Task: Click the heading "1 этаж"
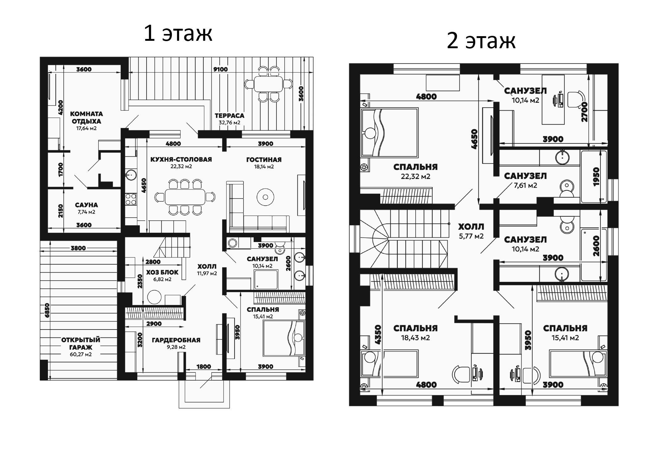[x=178, y=33]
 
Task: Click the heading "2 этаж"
[x=481, y=41]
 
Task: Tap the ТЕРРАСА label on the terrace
[x=229, y=116]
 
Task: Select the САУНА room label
[x=86, y=205]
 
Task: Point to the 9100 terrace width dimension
[x=220, y=69]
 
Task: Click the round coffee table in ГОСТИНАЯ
[x=265, y=197]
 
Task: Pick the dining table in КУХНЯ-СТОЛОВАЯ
[x=185, y=197]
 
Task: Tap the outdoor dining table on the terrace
[x=268, y=84]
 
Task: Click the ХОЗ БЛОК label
[x=162, y=272]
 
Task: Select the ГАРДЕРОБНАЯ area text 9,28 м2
[x=176, y=347]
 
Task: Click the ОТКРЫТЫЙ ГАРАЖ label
[x=81, y=343]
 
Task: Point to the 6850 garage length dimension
[x=47, y=310]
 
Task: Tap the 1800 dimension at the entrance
[x=204, y=367]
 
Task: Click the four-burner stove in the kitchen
[x=131, y=199]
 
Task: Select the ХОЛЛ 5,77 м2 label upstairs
[x=471, y=231]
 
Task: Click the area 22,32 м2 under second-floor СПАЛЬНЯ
[x=415, y=176]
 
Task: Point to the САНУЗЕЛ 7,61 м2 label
[x=525, y=180]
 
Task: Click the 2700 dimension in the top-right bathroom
[x=584, y=112]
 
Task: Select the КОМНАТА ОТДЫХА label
[x=86, y=118]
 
